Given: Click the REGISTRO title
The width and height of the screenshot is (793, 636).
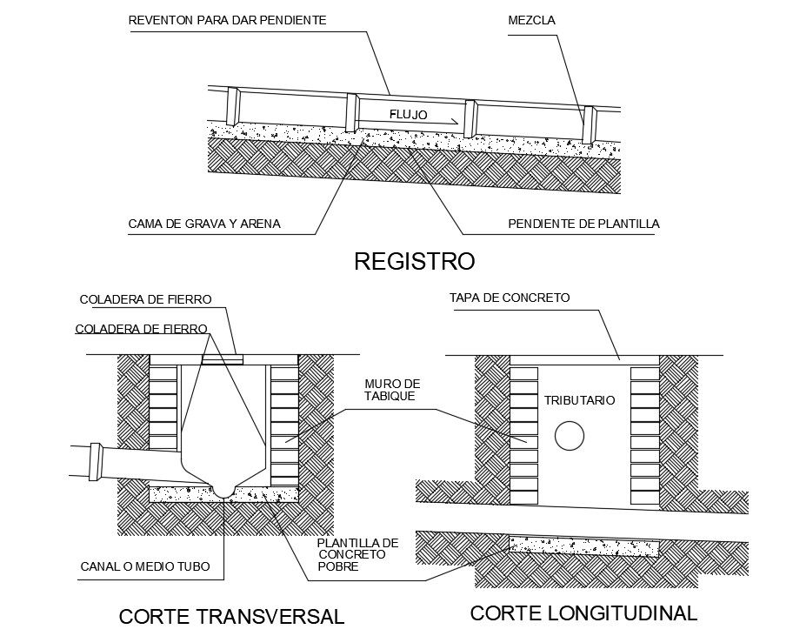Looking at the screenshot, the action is click(414, 261).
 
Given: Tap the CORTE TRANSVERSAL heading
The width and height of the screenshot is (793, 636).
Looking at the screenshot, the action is click(231, 617).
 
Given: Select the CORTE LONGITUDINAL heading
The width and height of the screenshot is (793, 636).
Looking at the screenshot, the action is click(583, 613).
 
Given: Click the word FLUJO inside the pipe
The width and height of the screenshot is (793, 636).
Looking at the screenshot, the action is click(408, 115).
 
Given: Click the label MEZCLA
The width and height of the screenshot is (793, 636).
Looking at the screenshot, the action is click(531, 20).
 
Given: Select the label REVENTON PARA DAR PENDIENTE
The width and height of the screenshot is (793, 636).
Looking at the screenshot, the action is click(227, 20).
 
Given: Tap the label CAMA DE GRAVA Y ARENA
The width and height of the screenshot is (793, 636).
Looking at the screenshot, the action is click(204, 224).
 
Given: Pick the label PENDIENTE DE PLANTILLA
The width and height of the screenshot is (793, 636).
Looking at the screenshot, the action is click(583, 224).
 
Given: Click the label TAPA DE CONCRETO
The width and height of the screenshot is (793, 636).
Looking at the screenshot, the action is click(510, 298).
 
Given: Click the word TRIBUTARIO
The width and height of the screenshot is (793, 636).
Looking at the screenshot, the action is click(580, 400).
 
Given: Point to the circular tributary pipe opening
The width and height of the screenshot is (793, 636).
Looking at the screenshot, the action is click(570, 436).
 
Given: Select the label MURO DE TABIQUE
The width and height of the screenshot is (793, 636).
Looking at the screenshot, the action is click(392, 390).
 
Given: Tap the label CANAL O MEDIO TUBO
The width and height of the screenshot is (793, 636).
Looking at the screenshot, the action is click(145, 566).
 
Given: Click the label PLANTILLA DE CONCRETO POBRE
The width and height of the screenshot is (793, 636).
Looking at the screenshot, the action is click(358, 554).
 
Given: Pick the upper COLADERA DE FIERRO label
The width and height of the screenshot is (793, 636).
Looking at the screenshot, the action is click(146, 299).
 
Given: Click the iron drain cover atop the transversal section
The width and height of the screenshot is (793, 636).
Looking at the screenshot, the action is click(223, 359).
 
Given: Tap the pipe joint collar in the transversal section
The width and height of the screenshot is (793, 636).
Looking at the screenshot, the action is click(95, 461).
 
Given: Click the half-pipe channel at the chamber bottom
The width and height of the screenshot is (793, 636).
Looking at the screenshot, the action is click(224, 489).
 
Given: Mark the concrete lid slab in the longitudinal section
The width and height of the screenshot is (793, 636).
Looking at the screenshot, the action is click(584, 360).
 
